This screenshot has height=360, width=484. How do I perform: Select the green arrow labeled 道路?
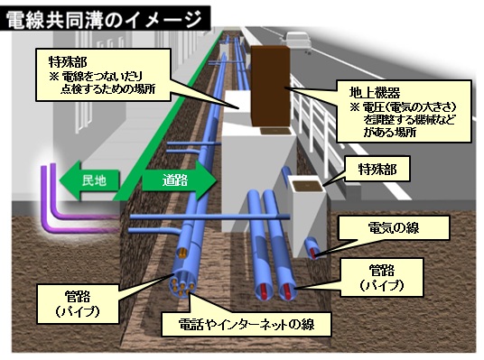(176, 180)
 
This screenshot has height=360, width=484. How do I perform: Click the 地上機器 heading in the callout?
(373, 92)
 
